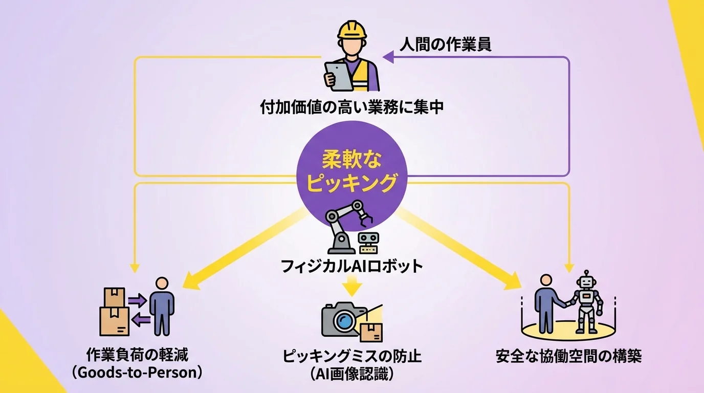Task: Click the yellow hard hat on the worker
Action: tap(352, 29)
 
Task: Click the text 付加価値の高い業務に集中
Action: tap(352, 107)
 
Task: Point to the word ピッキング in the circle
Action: tap(352, 183)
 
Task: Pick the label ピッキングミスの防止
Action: tap(352, 356)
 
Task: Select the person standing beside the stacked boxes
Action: tap(162, 306)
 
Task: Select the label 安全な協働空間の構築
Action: tap(568, 356)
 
